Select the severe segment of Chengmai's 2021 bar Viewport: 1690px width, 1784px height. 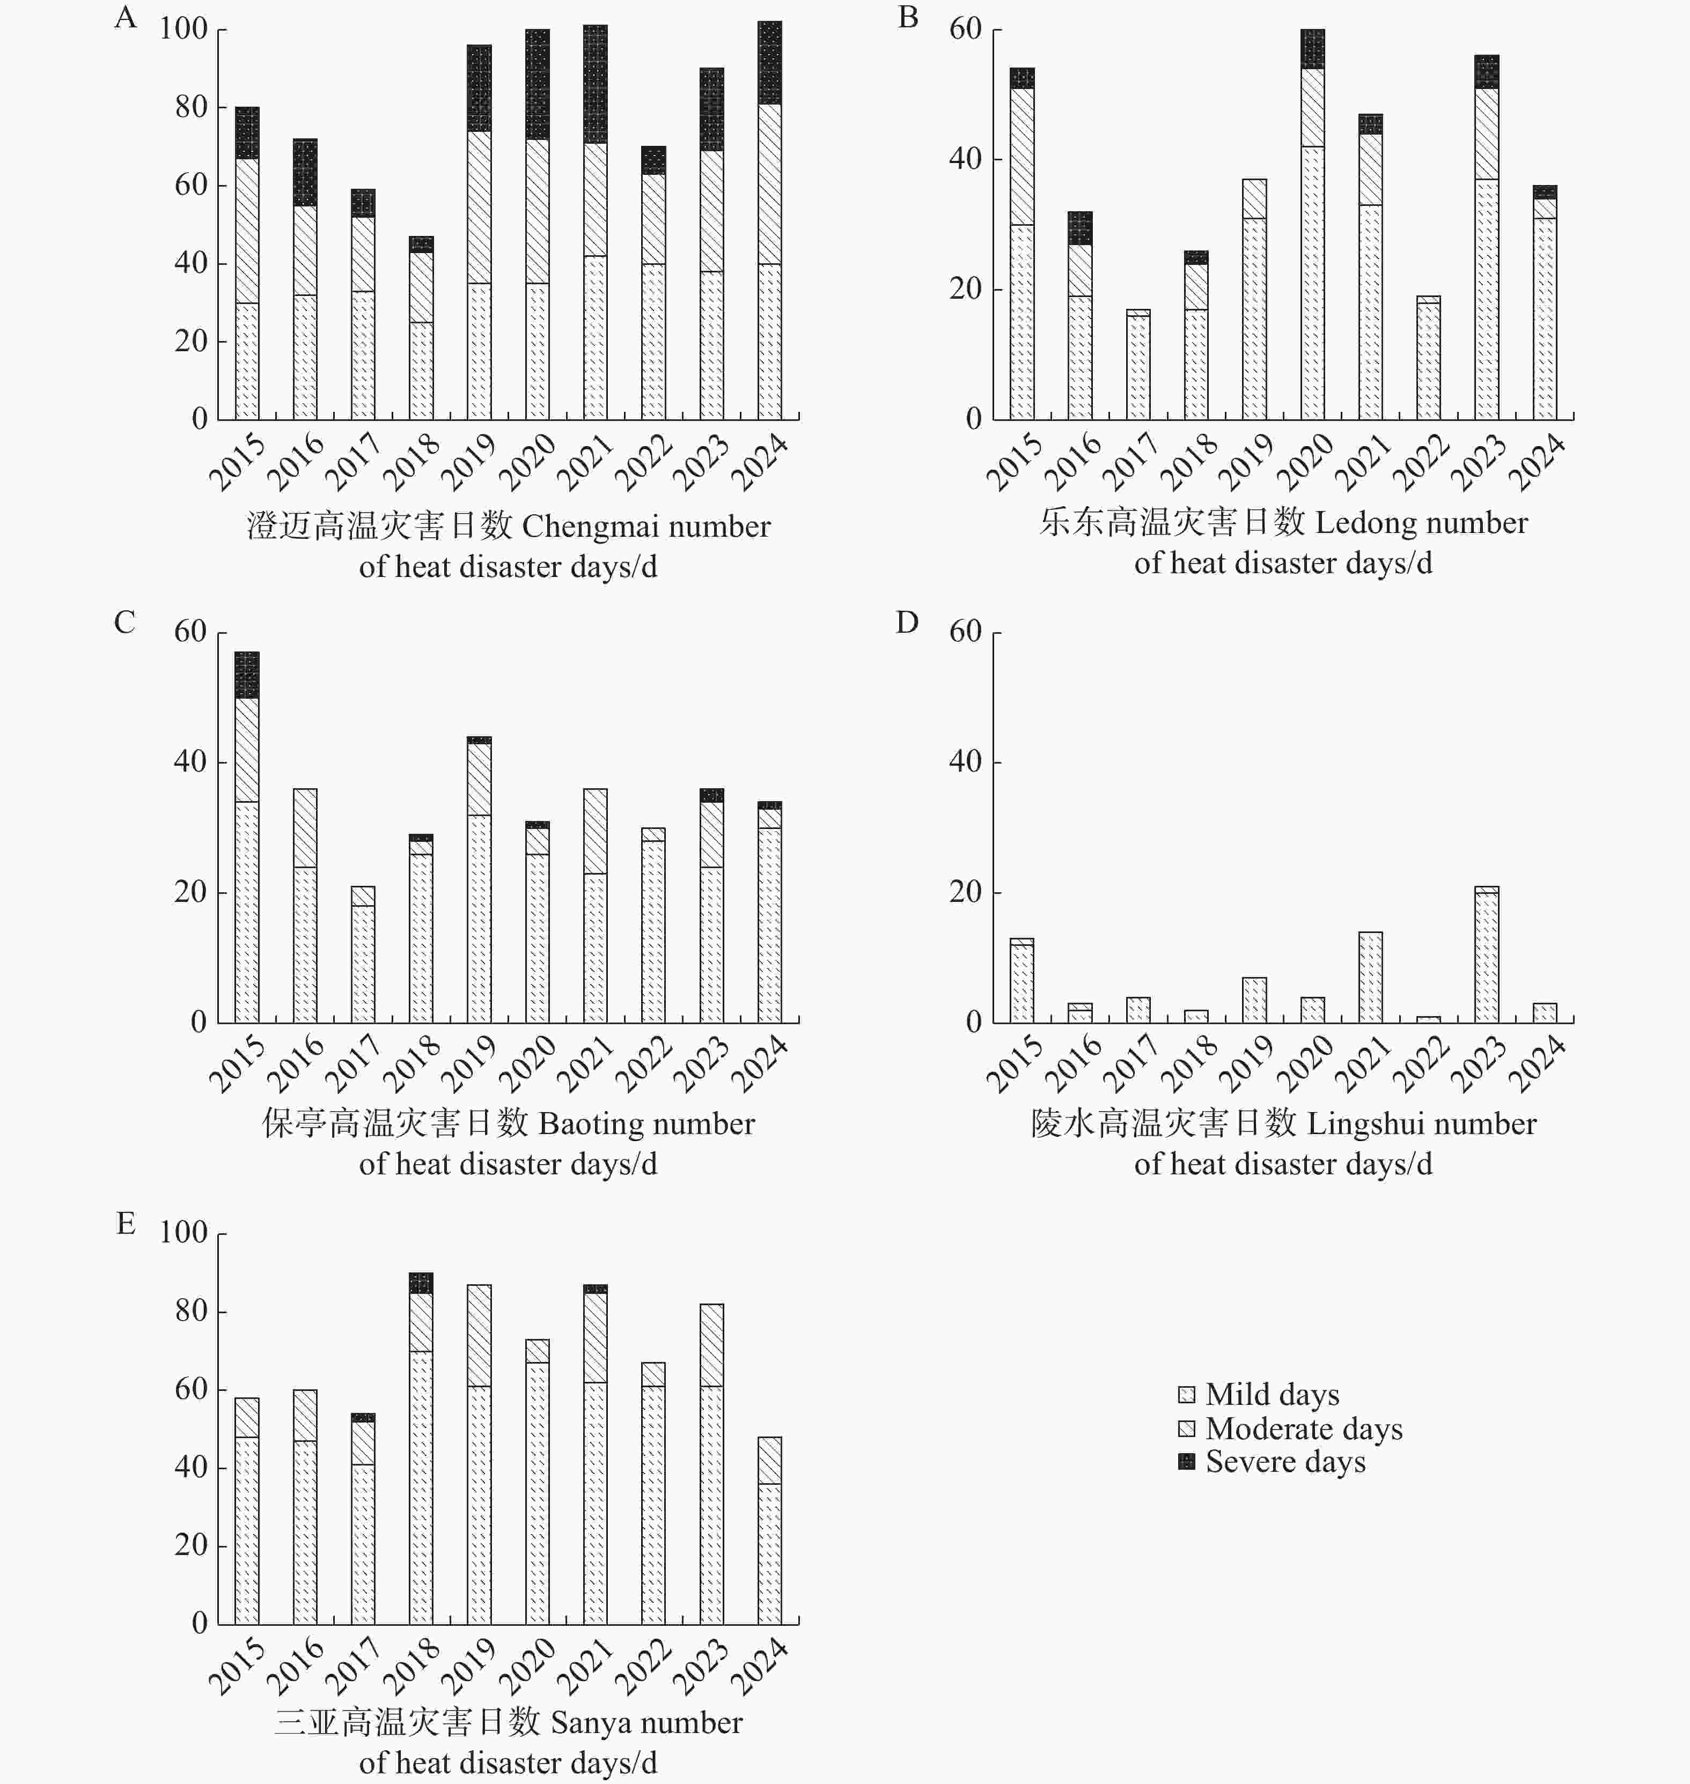(594, 84)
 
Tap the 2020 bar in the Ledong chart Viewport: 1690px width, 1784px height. (1312, 224)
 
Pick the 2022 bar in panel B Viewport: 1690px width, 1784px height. (1428, 358)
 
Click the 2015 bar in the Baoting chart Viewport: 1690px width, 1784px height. (247, 837)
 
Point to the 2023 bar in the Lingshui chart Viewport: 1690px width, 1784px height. (1487, 954)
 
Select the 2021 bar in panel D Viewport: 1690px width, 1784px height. (1370, 977)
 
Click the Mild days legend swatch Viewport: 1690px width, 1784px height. (1186, 1395)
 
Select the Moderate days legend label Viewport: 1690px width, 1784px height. (1304, 1428)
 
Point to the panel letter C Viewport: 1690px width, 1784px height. (124, 623)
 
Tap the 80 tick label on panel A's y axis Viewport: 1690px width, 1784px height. (191, 107)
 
